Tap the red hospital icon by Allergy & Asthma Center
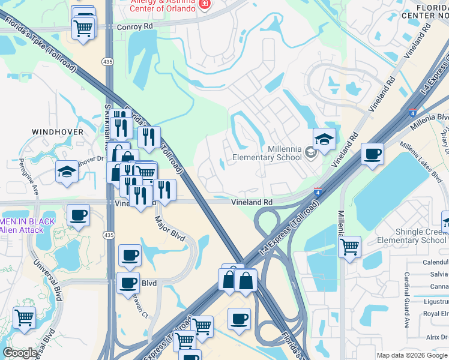click(x=205, y=5)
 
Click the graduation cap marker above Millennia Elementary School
click(x=324, y=140)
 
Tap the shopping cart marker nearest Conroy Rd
click(x=83, y=28)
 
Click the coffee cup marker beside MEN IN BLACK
click(x=78, y=215)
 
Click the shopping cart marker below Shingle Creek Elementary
click(x=349, y=245)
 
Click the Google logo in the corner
click(x=20, y=353)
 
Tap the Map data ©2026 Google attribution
click(x=412, y=355)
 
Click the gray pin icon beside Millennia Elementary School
click(x=310, y=152)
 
